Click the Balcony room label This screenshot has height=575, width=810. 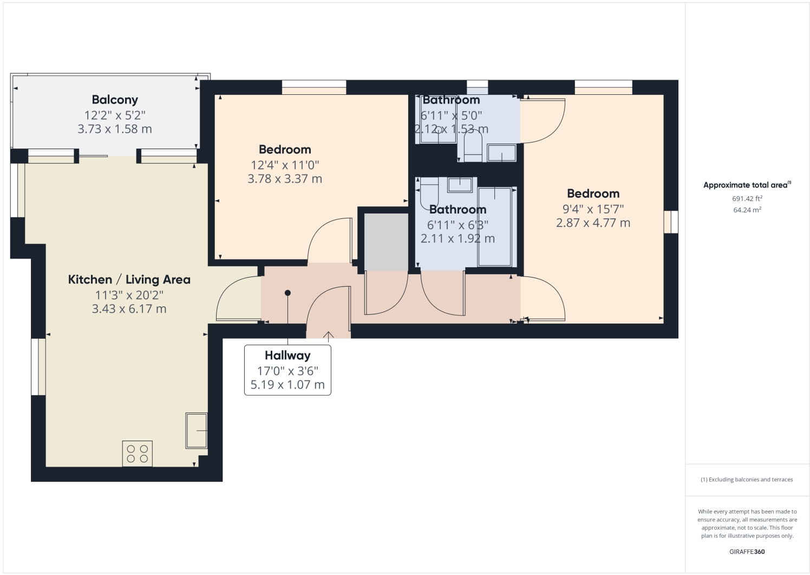(115, 100)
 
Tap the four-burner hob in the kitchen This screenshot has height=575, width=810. (137, 454)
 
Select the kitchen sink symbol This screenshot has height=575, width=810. (197, 430)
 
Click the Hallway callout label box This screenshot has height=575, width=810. (288, 370)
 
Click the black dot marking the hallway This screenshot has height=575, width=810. (288, 293)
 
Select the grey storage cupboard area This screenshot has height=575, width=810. (386, 242)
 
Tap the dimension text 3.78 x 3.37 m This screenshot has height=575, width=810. (285, 179)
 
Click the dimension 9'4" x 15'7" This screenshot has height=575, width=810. (593, 209)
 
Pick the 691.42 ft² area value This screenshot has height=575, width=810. (747, 198)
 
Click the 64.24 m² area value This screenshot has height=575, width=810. (747, 210)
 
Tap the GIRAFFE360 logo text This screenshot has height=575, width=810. (747, 552)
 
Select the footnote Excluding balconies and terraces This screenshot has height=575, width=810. (747, 480)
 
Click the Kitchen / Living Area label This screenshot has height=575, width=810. (129, 280)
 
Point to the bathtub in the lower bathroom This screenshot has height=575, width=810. (495, 227)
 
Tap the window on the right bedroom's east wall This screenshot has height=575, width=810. (671, 222)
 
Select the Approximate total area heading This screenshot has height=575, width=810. (746, 185)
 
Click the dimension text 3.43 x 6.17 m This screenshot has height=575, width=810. (129, 309)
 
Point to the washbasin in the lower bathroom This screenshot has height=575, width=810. (460, 185)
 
